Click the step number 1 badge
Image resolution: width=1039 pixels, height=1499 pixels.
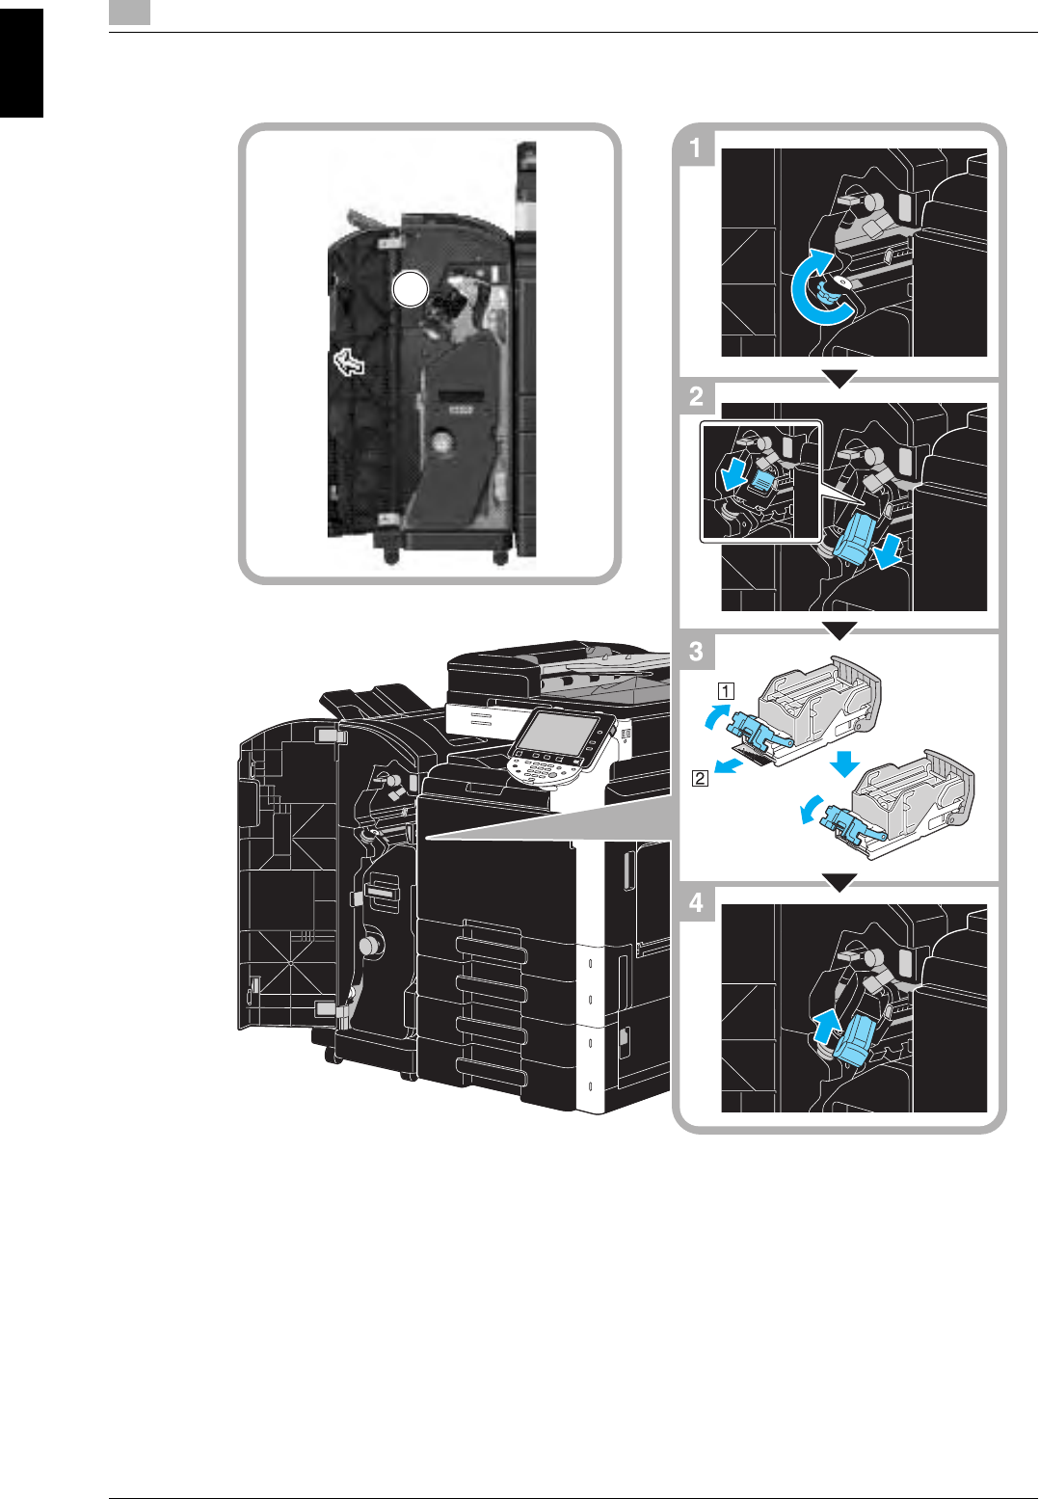pos(696,148)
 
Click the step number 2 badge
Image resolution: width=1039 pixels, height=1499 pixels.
pos(696,396)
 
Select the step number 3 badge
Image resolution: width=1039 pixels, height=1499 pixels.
pos(696,651)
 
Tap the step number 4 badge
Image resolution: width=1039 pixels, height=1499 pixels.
pos(696,903)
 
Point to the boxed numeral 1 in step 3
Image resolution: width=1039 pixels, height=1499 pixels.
pos(725,690)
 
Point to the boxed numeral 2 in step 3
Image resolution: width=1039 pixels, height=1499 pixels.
pos(700,778)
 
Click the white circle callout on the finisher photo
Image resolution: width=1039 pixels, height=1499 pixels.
pos(410,289)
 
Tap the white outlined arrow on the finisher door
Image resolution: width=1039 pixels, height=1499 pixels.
pos(349,363)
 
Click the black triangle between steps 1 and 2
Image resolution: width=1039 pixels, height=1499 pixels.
pos(839,380)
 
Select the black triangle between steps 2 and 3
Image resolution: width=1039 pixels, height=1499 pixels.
pos(839,630)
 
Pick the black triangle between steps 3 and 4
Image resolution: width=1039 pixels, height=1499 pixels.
pos(839,882)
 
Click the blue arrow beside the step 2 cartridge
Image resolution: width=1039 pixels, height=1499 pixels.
pos(889,552)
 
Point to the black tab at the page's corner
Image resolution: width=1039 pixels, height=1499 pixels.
pos(21,63)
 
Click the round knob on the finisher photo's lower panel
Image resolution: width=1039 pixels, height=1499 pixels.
pos(441,442)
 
